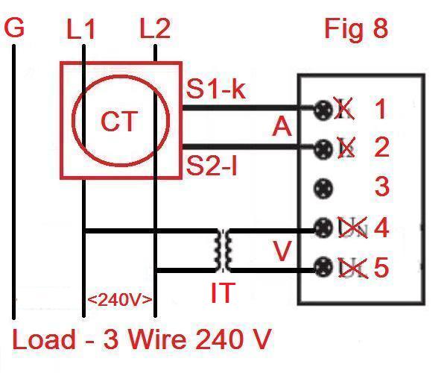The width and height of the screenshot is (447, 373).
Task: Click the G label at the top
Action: [14, 29]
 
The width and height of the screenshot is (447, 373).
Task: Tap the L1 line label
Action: [81, 30]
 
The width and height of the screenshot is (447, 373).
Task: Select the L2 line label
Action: [155, 30]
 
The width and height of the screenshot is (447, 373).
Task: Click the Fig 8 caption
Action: [356, 29]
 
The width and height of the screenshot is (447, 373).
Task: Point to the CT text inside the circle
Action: [121, 121]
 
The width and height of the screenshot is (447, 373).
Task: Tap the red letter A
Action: [282, 128]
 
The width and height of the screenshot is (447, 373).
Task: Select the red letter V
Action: [282, 251]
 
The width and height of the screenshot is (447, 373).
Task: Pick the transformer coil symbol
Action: [223, 250]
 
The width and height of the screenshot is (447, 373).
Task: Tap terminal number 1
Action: [381, 110]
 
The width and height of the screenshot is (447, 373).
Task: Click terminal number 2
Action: [381, 147]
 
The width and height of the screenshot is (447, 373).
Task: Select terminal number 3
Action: [381, 186]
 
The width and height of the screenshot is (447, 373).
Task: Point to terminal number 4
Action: [381, 227]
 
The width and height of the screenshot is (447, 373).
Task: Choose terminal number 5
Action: [381, 266]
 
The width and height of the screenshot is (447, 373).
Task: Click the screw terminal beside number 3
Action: [323, 186]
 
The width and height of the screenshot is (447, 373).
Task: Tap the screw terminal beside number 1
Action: [323, 110]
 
